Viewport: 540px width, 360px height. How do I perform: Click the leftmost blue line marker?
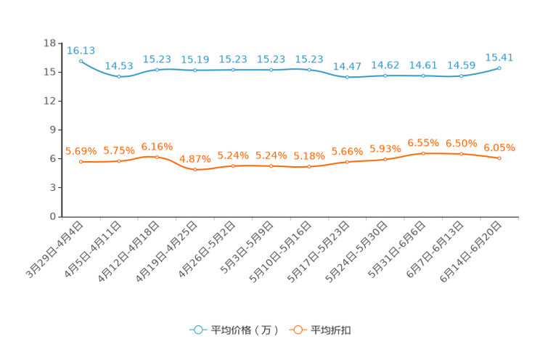81,61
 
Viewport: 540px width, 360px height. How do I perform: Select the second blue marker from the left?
119,75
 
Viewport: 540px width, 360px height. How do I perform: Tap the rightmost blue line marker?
499,67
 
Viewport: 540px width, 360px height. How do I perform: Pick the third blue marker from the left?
157,69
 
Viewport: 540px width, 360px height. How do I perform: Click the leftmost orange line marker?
81,161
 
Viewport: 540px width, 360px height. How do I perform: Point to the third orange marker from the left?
157,157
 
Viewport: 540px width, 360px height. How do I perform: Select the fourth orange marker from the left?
195,169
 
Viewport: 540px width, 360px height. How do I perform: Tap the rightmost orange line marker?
499,158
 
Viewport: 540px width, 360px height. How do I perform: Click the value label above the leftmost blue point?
81,50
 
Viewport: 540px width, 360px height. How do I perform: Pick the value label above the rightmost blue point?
499,57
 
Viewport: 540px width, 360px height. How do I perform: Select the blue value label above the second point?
119,66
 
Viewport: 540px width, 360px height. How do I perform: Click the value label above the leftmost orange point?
81,151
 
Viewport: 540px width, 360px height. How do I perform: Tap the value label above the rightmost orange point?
499,148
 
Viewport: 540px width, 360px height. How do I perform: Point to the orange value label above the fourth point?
195,157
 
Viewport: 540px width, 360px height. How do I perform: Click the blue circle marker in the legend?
197,330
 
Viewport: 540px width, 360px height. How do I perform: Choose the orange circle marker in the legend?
297,330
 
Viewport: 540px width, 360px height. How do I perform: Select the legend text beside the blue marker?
244,330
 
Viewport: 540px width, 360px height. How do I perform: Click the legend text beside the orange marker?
332,330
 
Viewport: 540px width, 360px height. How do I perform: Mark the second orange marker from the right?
461,154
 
